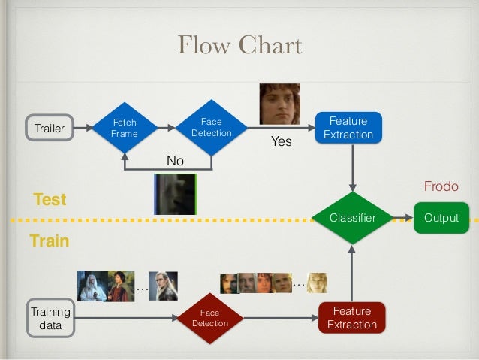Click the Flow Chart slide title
click(239, 45)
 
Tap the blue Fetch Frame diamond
click(124, 128)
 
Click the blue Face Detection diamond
click(211, 128)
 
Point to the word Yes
click(281, 141)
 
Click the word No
click(175, 161)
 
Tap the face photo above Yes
click(279, 104)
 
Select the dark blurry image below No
click(175, 194)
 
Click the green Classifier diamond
click(352, 218)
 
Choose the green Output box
click(441, 218)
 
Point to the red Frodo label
click(441, 186)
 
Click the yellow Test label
click(50, 199)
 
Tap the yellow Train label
click(49, 241)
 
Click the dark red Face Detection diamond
click(210, 318)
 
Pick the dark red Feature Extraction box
click(352, 318)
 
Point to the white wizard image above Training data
click(92, 286)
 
